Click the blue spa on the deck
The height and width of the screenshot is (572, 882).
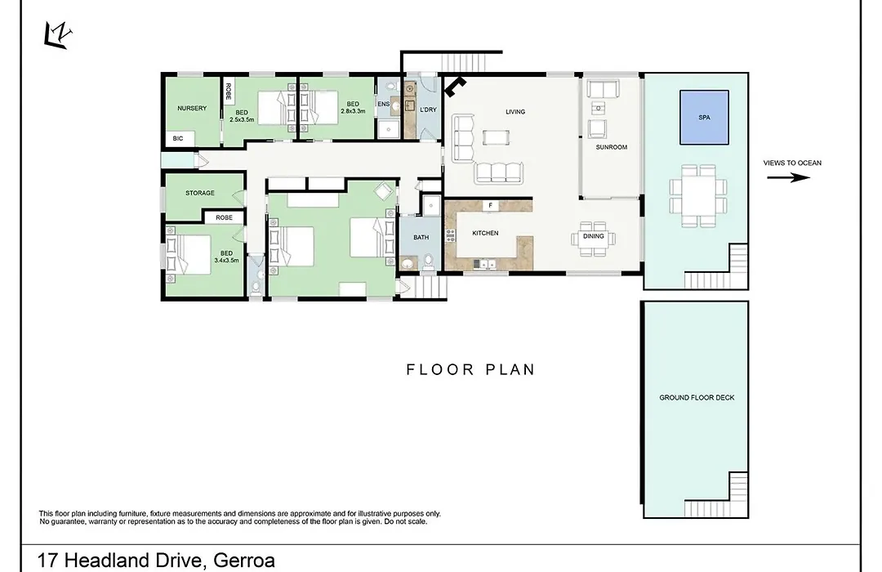coord(704,117)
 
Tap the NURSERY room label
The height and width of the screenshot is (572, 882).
coord(192,108)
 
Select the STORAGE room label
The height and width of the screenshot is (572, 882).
coord(200,193)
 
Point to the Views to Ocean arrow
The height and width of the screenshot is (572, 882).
coord(789,177)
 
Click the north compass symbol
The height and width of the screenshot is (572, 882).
coord(57,35)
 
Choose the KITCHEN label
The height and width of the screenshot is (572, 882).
coord(485,233)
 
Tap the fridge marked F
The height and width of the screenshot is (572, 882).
coord(491,205)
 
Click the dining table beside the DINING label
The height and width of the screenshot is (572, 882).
coord(594,239)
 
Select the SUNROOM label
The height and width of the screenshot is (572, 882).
coord(612,147)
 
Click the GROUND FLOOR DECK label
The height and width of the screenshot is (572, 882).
coord(697,397)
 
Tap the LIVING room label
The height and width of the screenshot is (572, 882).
coord(515,111)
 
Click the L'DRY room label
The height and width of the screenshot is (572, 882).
coord(428,109)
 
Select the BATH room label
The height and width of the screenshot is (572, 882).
coord(421,237)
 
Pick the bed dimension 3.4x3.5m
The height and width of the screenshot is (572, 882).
coord(227,260)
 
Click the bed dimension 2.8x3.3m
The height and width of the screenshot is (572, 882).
coord(353,111)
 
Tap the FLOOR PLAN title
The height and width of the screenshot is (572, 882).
coord(471,369)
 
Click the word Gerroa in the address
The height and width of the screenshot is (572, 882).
coord(244,561)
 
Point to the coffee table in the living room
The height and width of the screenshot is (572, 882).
coord(497,137)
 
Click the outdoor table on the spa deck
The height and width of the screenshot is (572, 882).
coord(698,196)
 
